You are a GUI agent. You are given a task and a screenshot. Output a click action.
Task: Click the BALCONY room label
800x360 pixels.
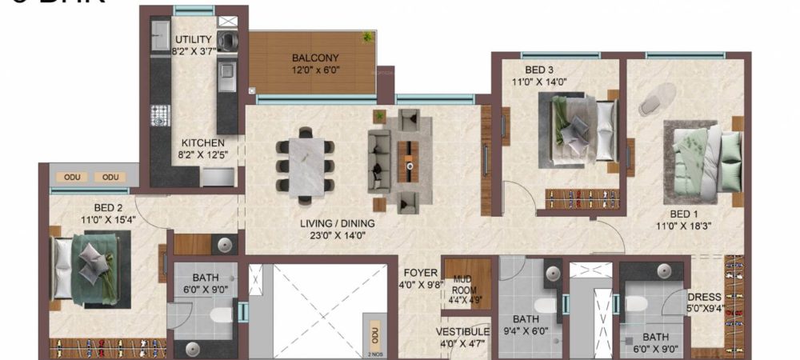(315, 58)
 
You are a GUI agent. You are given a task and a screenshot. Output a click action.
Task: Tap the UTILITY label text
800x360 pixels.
(193, 39)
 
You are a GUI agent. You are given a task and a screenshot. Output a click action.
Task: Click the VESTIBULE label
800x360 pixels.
(462, 331)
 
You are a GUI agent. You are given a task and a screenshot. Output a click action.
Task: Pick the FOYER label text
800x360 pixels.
(420, 272)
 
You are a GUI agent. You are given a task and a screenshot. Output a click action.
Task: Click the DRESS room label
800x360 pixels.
(703, 297)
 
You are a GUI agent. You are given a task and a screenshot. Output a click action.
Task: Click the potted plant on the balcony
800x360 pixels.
(367, 37)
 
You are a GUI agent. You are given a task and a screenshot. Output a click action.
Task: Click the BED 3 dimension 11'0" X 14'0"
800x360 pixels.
(539, 81)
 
